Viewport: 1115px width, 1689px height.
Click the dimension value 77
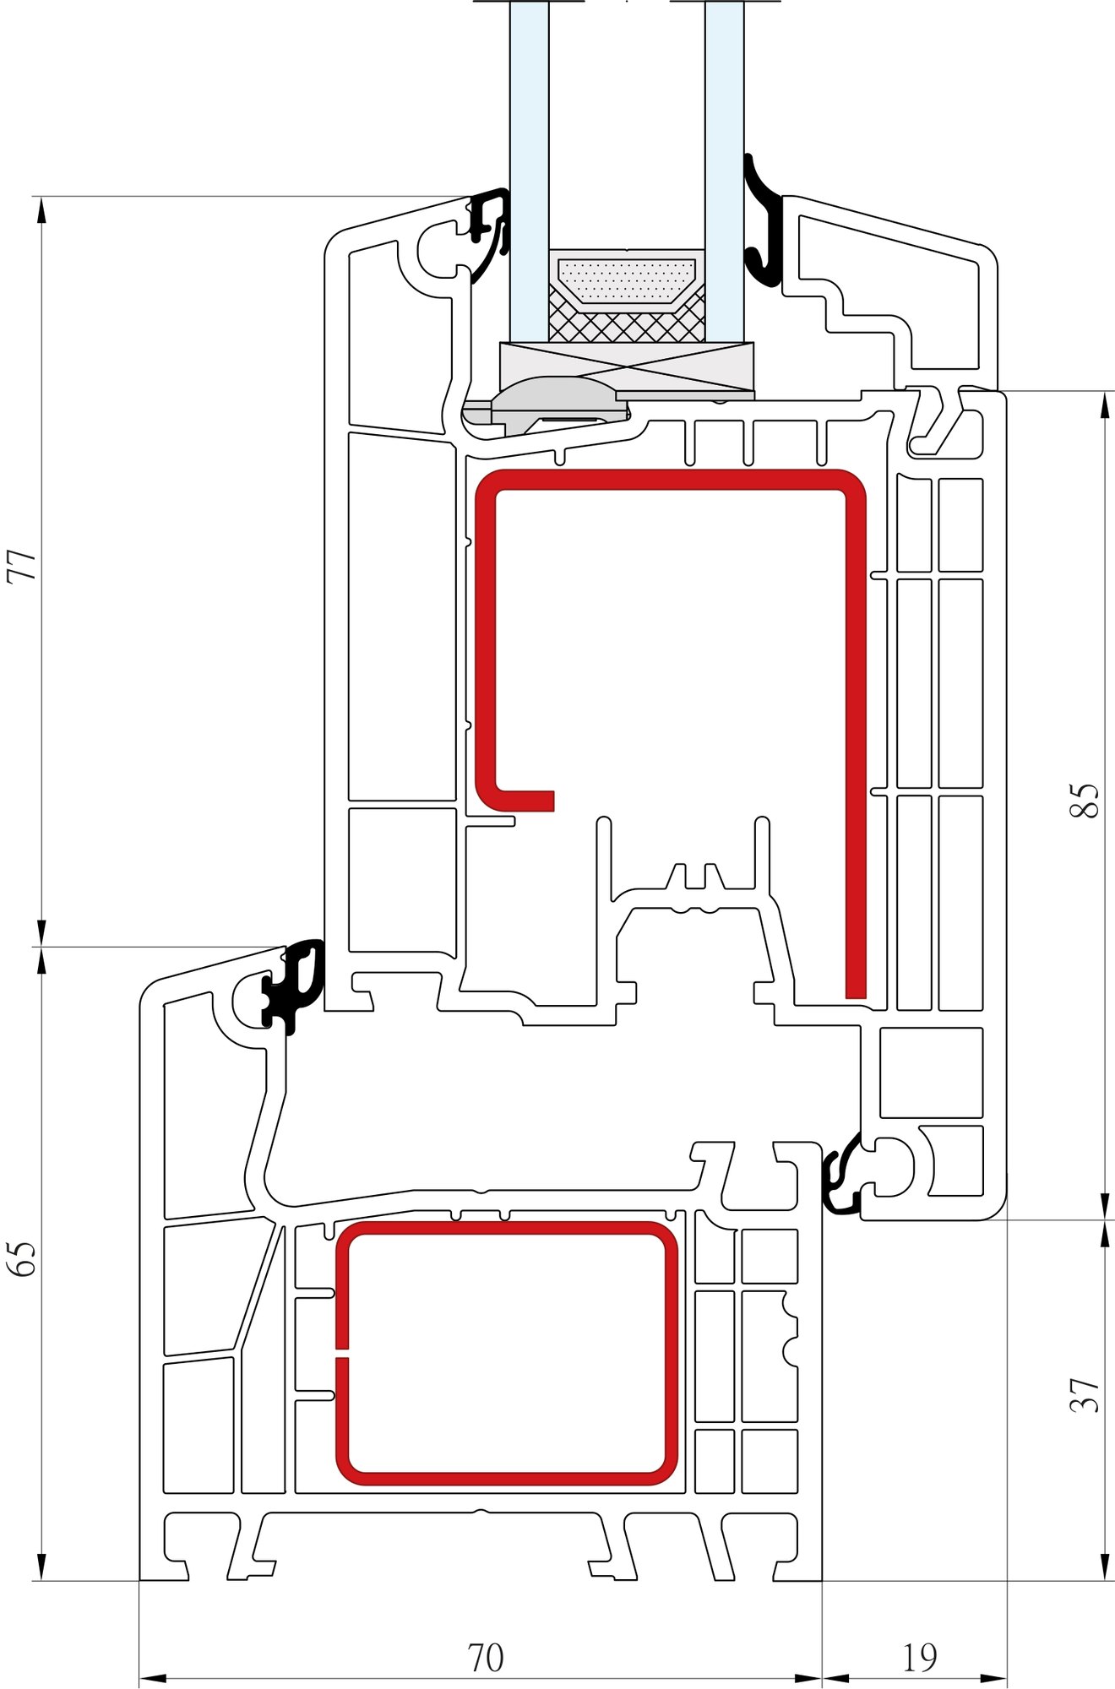pos(22,565)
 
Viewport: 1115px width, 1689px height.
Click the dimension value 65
pos(22,1258)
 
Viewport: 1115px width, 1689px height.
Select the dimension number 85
pos(1085,801)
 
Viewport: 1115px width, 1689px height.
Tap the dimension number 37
pos(1085,1395)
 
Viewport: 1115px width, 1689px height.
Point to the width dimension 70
pos(486,1658)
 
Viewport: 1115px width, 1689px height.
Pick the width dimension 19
pos(919,1658)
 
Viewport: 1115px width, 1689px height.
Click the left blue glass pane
pos(529,169)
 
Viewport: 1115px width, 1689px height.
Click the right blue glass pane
pos(724,169)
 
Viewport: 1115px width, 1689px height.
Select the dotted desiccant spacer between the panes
pos(626,280)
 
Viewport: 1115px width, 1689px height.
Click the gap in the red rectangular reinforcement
pos(342,1352)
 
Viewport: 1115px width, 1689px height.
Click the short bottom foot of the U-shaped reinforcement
pos(524,801)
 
